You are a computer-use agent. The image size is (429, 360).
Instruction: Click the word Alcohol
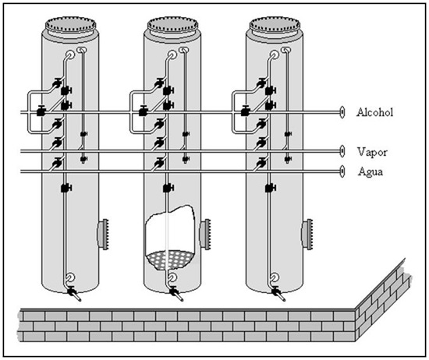[x=374, y=112]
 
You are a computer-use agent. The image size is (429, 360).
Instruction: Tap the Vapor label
[x=372, y=152]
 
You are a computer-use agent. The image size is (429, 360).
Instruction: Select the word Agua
[x=370, y=172]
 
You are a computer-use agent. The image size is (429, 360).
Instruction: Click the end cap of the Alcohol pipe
[x=342, y=112]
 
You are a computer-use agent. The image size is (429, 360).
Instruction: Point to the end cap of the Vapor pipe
[x=342, y=151]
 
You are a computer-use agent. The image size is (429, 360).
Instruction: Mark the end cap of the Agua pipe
[x=342, y=171]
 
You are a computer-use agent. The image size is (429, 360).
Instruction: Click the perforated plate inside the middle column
[x=169, y=259]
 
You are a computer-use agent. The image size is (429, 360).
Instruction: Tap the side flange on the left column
[x=103, y=234]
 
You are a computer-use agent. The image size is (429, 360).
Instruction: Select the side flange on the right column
[x=307, y=234]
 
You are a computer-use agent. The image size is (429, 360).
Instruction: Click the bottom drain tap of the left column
[x=74, y=294]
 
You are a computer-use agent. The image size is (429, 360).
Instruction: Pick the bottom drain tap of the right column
[x=278, y=294]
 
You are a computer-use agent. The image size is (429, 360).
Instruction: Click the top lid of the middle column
[x=172, y=26]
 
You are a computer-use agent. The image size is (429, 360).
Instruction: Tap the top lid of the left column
[x=70, y=26]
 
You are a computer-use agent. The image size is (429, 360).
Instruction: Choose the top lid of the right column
[x=275, y=26]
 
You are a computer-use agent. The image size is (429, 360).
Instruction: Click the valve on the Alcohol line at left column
[x=41, y=111]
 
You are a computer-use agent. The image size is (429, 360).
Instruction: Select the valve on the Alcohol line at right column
[x=246, y=111]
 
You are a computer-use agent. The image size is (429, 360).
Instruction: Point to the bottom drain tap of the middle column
[x=176, y=294]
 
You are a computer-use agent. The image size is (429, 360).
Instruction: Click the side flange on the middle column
[x=205, y=234]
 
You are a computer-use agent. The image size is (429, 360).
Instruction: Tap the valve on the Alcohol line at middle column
[x=143, y=111]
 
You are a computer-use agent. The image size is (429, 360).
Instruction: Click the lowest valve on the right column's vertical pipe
[x=271, y=188]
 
